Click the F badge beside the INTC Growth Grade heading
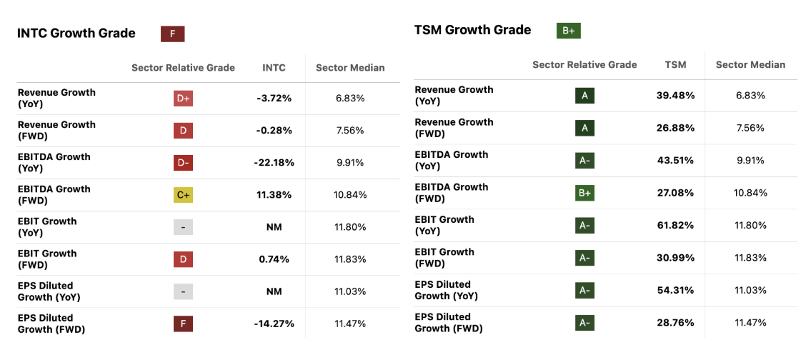point(172,34)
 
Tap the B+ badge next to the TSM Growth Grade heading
point(569,31)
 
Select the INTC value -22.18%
point(274,163)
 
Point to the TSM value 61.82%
point(675,225)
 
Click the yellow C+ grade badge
point(183,195)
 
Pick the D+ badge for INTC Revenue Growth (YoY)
point(183,99)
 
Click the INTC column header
point(274,68)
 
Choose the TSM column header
point(675,65)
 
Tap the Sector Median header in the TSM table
point(750,65)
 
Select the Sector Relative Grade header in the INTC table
point(183,68)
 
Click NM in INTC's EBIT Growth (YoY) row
point(274,227)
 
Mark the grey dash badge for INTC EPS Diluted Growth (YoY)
point(183,291)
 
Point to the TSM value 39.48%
point(675,96)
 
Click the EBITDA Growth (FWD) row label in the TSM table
point(452,193)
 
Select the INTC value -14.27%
point(274,324)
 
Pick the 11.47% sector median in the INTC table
point(350,324)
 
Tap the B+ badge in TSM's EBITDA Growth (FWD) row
point(584,193)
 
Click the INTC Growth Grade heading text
point(76,34)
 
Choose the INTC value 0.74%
point(274,259)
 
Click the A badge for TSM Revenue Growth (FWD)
point(584,128)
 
